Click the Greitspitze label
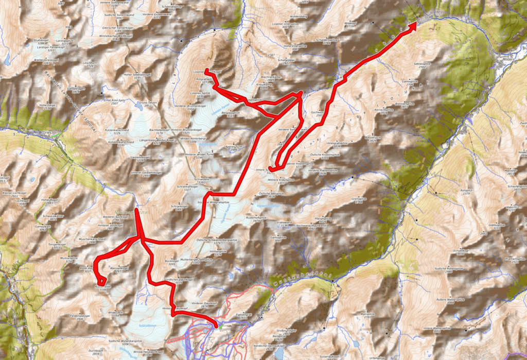(x=358, y=198)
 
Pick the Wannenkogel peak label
(x=118, y=268)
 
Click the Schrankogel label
(x=179, y=207)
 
